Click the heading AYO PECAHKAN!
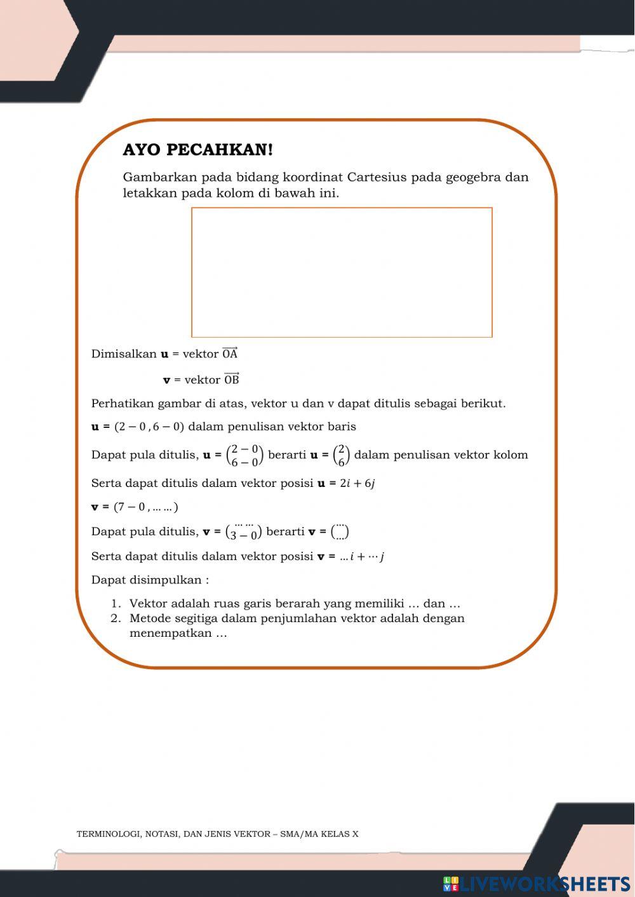pyautogui.click(x=197, y=150)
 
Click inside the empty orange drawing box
pyautogui.click(x=342, y=272)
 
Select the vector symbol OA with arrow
pyautogui.click(x=230, y=354)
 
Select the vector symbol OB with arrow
pyautogui.click(x=232, y=380)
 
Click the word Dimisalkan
pyautogui.click(x=124, y=354)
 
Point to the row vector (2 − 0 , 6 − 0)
pyautogui.click(x=149, y=427)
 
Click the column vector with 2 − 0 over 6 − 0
pyautogui.click(x=244, y=455)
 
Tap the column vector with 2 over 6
pyautogui.click(x=341, y=455)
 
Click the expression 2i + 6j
pyautogui.click(x=357, y=483)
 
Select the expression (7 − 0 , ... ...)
pyautogui.click(x=145, y=507)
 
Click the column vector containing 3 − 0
pyautogui.click(x=244, y=531)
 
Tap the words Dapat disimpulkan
pyautogui.click(x=150, y=580)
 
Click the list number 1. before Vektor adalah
pyautogui.click(x=116, y=604)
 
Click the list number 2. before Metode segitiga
pyautogui.click(x=116, y=618)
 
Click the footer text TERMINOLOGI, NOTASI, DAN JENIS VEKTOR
pyautogui.click(x=171, y=834)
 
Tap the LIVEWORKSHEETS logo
pyautogui.click(x=537, y=884)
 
